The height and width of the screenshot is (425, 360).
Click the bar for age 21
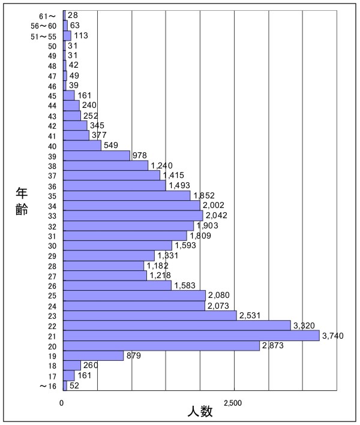pos(191,336)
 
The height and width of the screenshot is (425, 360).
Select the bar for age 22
pos(176,325)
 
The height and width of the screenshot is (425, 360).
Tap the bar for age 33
pos(133,215)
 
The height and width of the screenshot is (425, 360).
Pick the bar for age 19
pos(93,355)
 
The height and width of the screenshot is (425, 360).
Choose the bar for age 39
pos(96,155)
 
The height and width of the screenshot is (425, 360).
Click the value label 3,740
pos(333,336)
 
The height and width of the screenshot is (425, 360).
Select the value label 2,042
pos(217,215)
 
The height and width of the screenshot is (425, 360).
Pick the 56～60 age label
pos(44,26)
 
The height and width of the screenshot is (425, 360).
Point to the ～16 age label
pos(48,386)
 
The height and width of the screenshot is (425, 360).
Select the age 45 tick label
pos(52,95)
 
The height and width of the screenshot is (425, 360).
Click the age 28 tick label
pos(52,266)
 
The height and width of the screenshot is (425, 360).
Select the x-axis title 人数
pos(199,412)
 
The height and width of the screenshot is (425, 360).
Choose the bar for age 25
pos(134,296)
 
